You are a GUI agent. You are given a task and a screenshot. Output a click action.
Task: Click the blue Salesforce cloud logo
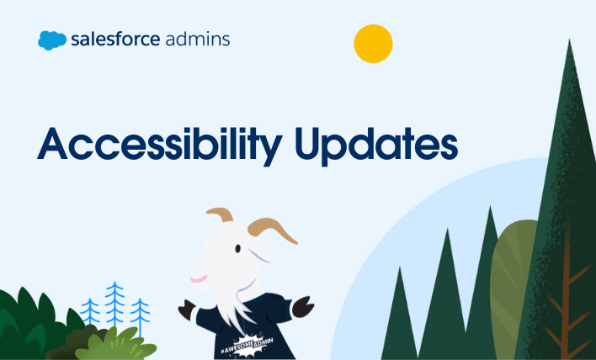52,40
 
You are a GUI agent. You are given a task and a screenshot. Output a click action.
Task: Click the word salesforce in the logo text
115,40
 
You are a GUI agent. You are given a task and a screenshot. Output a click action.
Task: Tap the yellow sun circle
373,44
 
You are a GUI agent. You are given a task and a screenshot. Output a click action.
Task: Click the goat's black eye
237,249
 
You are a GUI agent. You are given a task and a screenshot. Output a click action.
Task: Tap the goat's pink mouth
199,279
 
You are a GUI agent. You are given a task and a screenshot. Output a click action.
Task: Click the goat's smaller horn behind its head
221,214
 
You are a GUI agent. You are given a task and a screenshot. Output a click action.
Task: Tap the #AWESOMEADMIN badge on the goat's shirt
247,345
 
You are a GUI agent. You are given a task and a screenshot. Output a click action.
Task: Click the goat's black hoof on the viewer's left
187,309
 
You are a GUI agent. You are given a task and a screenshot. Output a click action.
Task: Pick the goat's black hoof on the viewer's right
303,306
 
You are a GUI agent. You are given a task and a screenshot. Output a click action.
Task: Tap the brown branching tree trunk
566,304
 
